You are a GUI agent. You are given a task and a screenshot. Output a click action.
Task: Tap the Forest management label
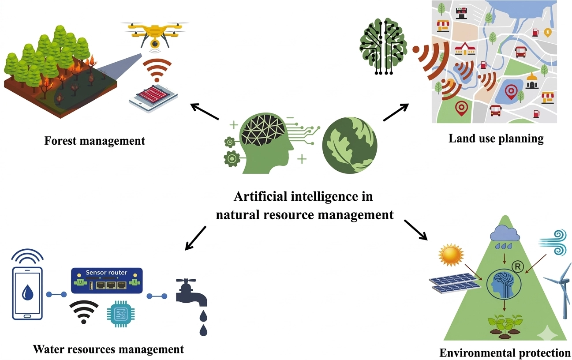click(x=95, y=141)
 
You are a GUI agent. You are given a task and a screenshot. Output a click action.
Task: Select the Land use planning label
click(x=496, y=139)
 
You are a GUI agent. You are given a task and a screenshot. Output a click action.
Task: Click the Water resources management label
click(x=108, y=349)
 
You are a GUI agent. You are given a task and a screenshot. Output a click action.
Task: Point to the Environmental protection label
click(x=505, y=353)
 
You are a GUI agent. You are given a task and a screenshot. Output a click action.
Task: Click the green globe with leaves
click(x=350, y=146)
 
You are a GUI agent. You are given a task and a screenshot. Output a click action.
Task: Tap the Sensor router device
click(x=107, y=281)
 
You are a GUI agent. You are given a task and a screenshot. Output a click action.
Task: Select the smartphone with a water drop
click(x=27, y=293)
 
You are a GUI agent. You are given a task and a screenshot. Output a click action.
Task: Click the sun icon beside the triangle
click(x=451, y=255)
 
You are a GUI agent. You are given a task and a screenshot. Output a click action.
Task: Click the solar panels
click(x=455, y=283)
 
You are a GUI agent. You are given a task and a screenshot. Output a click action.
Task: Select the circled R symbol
click(x=518, y=267)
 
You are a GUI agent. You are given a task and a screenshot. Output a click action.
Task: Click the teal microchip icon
click(x=121, y=314)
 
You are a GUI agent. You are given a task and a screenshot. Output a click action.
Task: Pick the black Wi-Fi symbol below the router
click(x=84, y=312)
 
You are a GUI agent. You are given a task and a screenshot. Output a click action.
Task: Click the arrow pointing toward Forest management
click(x=205, y=111)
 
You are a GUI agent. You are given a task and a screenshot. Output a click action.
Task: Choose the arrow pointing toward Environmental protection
click(x=416, y=230)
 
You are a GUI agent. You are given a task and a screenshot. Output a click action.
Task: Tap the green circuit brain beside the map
click(x=383, y=46)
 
